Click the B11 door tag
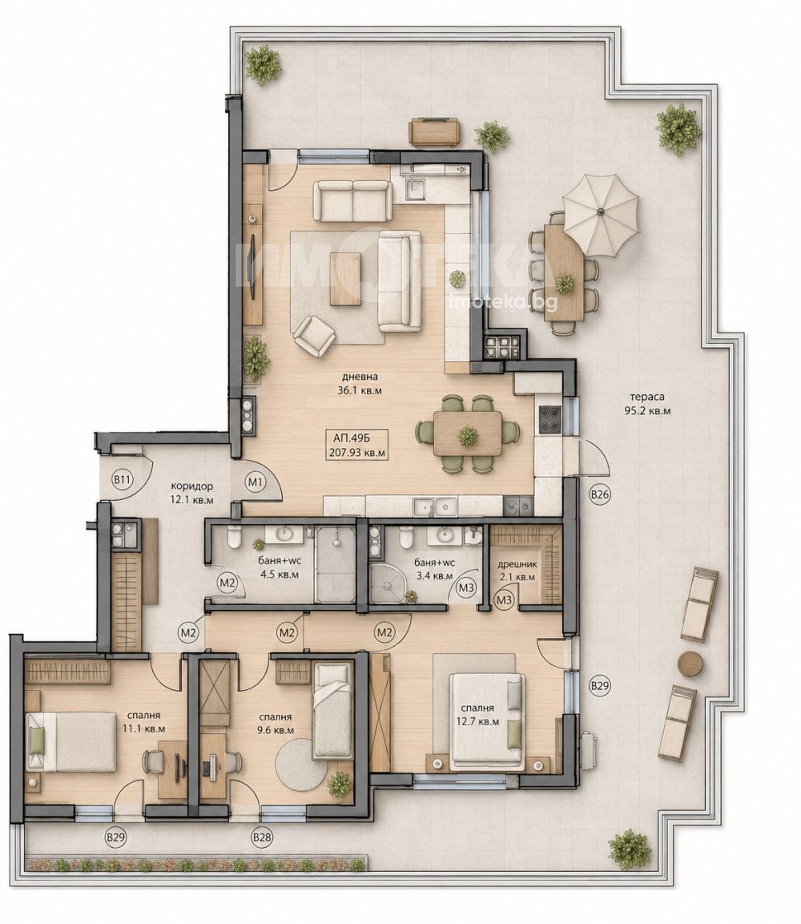click(x=121, y=480)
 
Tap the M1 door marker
click(x=255, y=482)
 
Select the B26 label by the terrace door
click(x=600, y=494)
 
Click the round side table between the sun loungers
click(x=690, y=663)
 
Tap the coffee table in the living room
click(x=346, y=279)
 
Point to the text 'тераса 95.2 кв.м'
click(x=647, y=404)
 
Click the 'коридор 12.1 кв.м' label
click(x=192, y=493)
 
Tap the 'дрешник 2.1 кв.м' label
click(x=517, y=571)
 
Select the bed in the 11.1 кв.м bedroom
click(x=70, y=741)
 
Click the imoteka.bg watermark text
click(x=502, y=302)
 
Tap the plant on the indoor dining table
click(x=468, y=436)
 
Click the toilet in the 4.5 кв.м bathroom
click(x=234, y=536)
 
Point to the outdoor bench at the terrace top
click(x=435, y=131)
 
